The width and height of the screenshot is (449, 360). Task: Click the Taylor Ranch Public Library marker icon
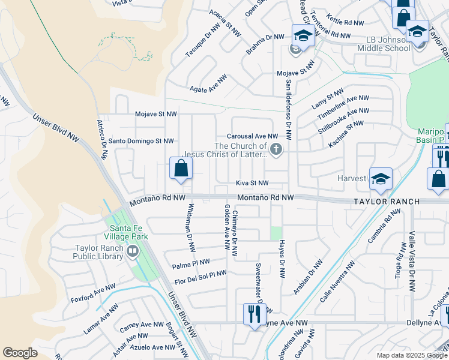132,252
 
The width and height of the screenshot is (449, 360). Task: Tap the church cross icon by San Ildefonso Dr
276,149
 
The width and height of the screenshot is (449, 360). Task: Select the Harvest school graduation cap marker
381,178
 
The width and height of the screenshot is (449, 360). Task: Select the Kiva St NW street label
252,183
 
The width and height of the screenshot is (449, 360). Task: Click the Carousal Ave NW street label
252,136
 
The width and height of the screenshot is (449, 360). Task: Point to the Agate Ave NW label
208,83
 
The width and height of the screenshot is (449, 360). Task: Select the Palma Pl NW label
191,262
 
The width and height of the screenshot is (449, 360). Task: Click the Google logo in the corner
20,352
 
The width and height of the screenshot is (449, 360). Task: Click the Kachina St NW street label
346,134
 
